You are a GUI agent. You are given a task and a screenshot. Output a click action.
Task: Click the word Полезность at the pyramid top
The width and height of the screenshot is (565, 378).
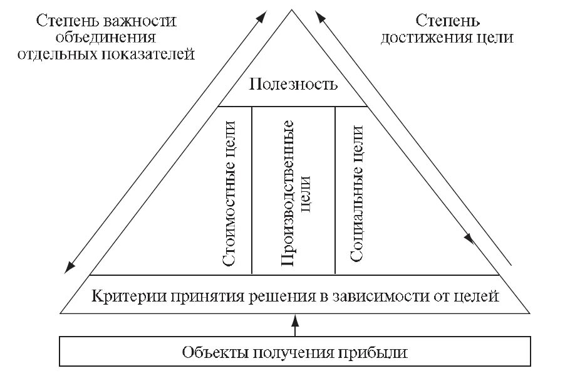pyautogui.click(x=293, y=84)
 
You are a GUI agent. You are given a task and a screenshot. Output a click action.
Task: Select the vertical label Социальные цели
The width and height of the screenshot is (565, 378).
pyautogui.click(x=356, y=194)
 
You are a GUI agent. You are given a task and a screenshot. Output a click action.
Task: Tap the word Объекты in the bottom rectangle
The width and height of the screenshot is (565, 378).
pyautogui.click(x=211, y=352)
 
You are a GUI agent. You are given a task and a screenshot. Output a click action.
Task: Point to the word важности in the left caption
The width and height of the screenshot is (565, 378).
pyautogui.click(x=147, y=21)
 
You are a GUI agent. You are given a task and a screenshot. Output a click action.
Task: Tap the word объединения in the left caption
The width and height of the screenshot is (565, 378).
pyautogui.click(x=106, y=37)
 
